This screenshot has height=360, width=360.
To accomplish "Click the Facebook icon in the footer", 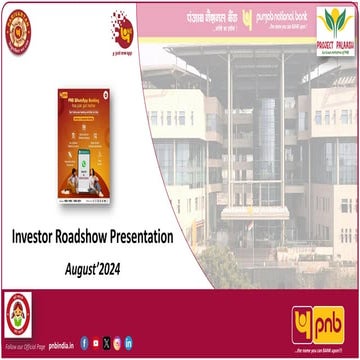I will pyautogui.click(x=83, y=343).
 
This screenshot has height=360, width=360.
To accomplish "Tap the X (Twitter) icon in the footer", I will pyautogui.click(x=106, y=343).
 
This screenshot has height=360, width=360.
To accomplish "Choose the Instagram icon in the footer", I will pyautogui.click(x=117, y=343).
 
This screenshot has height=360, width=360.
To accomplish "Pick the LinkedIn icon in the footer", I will pyautogui.click(x=128, y=343).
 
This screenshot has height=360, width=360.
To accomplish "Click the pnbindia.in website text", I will pyautogui.click(x=60, y=344).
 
